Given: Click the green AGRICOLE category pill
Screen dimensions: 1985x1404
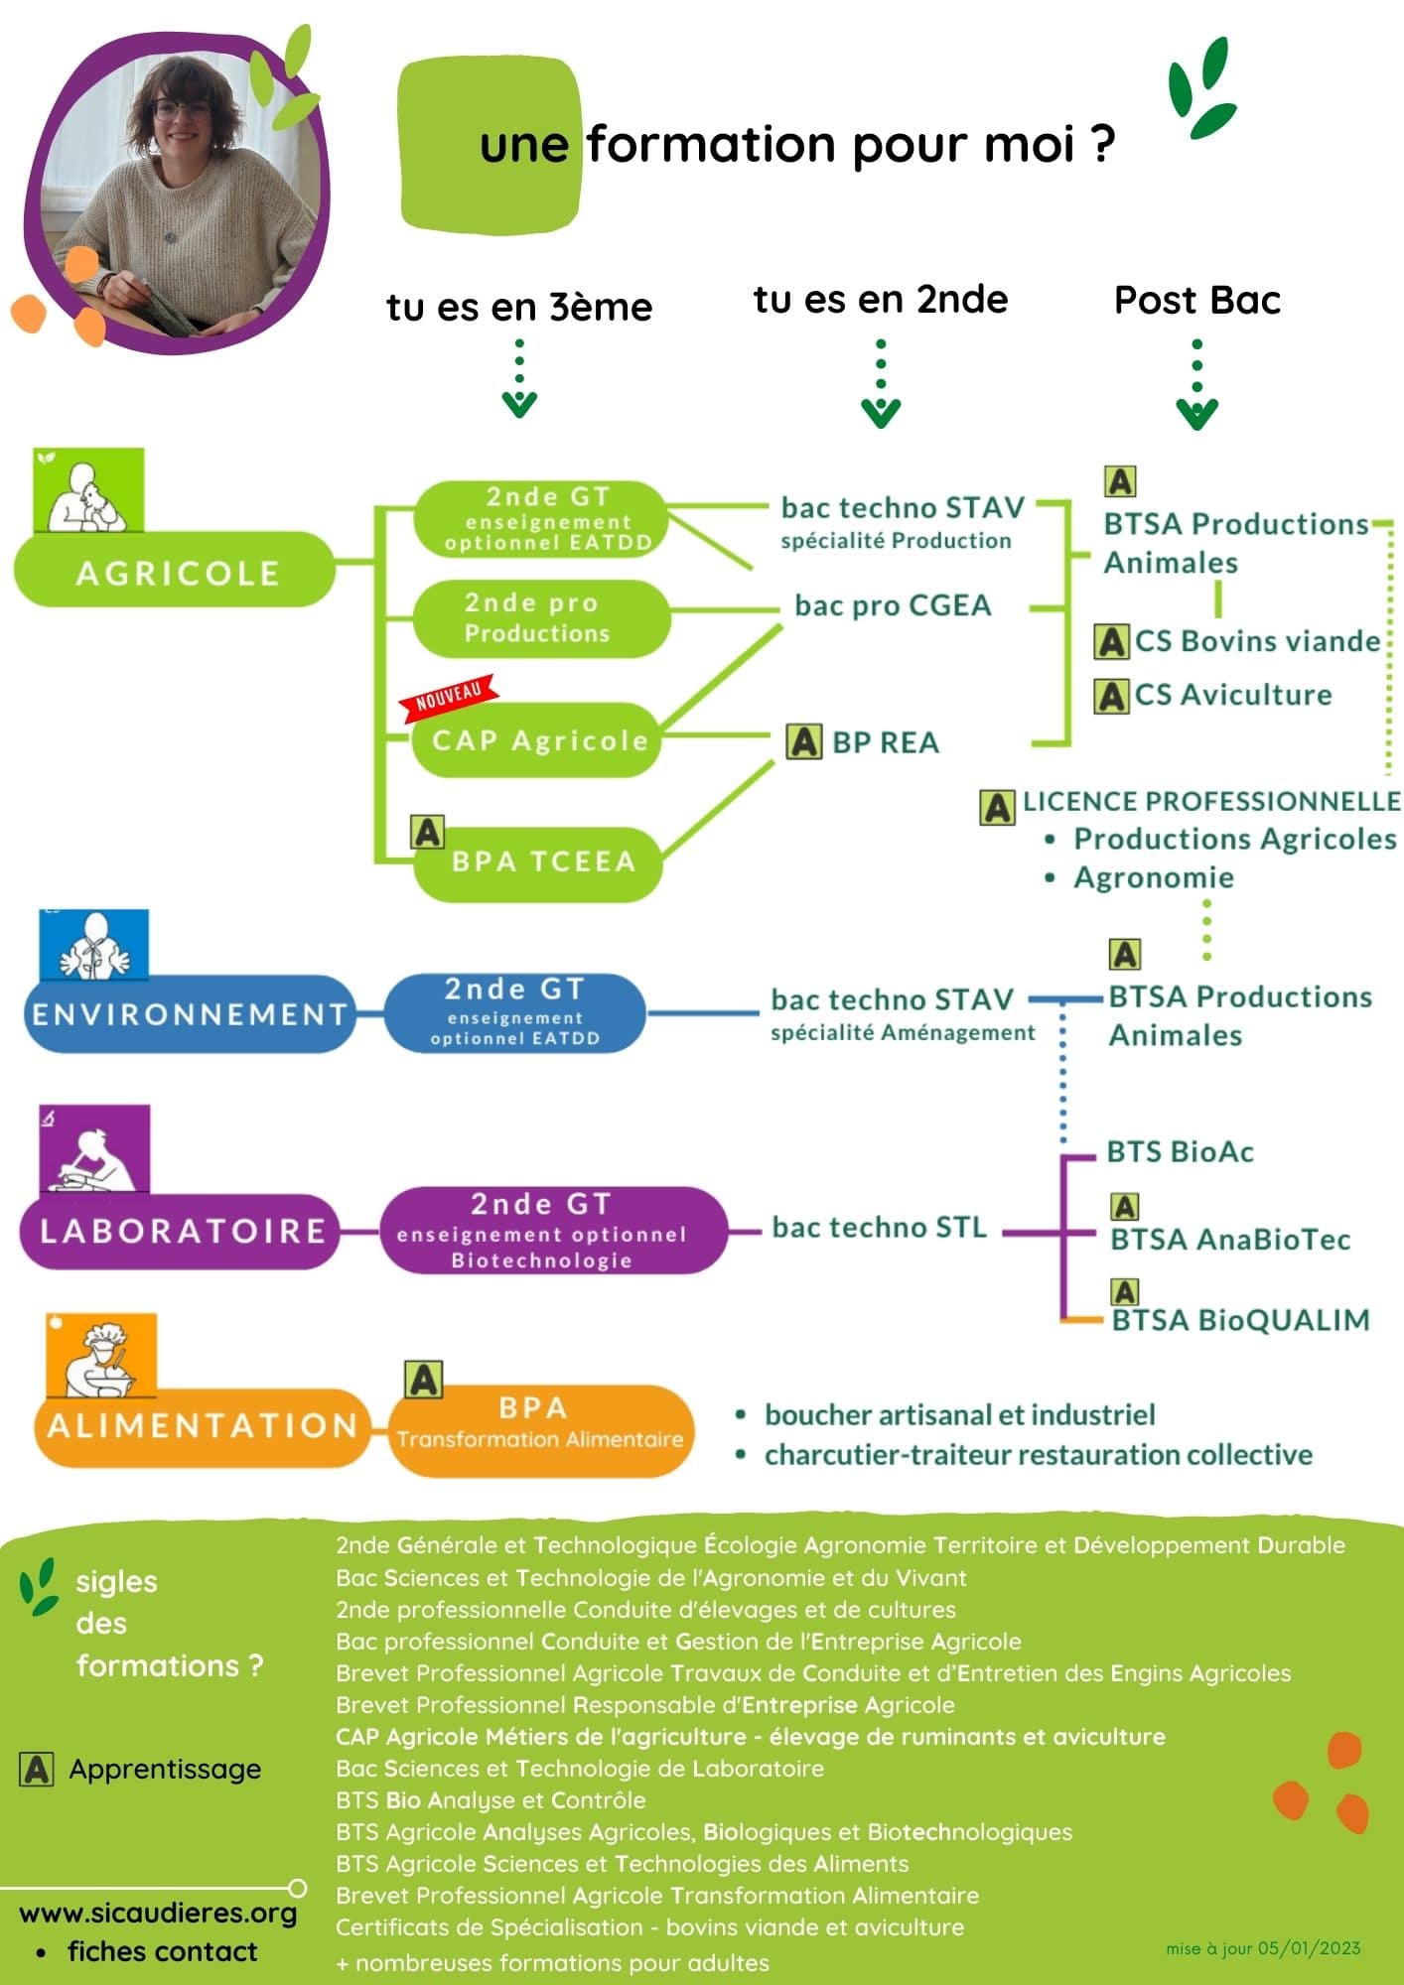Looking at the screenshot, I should (x=176, y=571).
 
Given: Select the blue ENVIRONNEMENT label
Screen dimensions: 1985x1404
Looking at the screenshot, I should (x=189, y=1014).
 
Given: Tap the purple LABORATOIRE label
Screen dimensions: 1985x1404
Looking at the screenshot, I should (x=182, y=1231).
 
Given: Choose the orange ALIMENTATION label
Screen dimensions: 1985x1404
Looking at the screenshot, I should (x=202, y=1426).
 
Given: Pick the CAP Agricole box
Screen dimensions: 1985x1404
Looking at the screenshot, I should (x=538, y=740).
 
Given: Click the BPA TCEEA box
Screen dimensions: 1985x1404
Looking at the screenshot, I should (x=541, y=861).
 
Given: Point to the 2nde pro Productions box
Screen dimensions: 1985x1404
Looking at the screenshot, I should (x=539, y=617).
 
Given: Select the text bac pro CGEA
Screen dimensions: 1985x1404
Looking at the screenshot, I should (x=893, y=605).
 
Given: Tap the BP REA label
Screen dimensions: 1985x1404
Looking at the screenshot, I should (x=885, y=742).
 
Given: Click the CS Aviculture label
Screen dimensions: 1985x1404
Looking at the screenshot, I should (x=1232, y=695).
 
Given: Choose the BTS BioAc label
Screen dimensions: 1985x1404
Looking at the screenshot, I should (x=1180, y=1152).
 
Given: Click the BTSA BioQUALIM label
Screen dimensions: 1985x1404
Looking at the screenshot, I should (x=1240, y=1320).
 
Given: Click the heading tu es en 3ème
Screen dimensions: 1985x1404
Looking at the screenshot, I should (x=519, y=307).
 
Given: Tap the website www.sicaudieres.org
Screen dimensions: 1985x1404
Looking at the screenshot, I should (x=158, y=1913).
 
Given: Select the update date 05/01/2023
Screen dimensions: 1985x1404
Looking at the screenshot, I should (x=1309, y=1948).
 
